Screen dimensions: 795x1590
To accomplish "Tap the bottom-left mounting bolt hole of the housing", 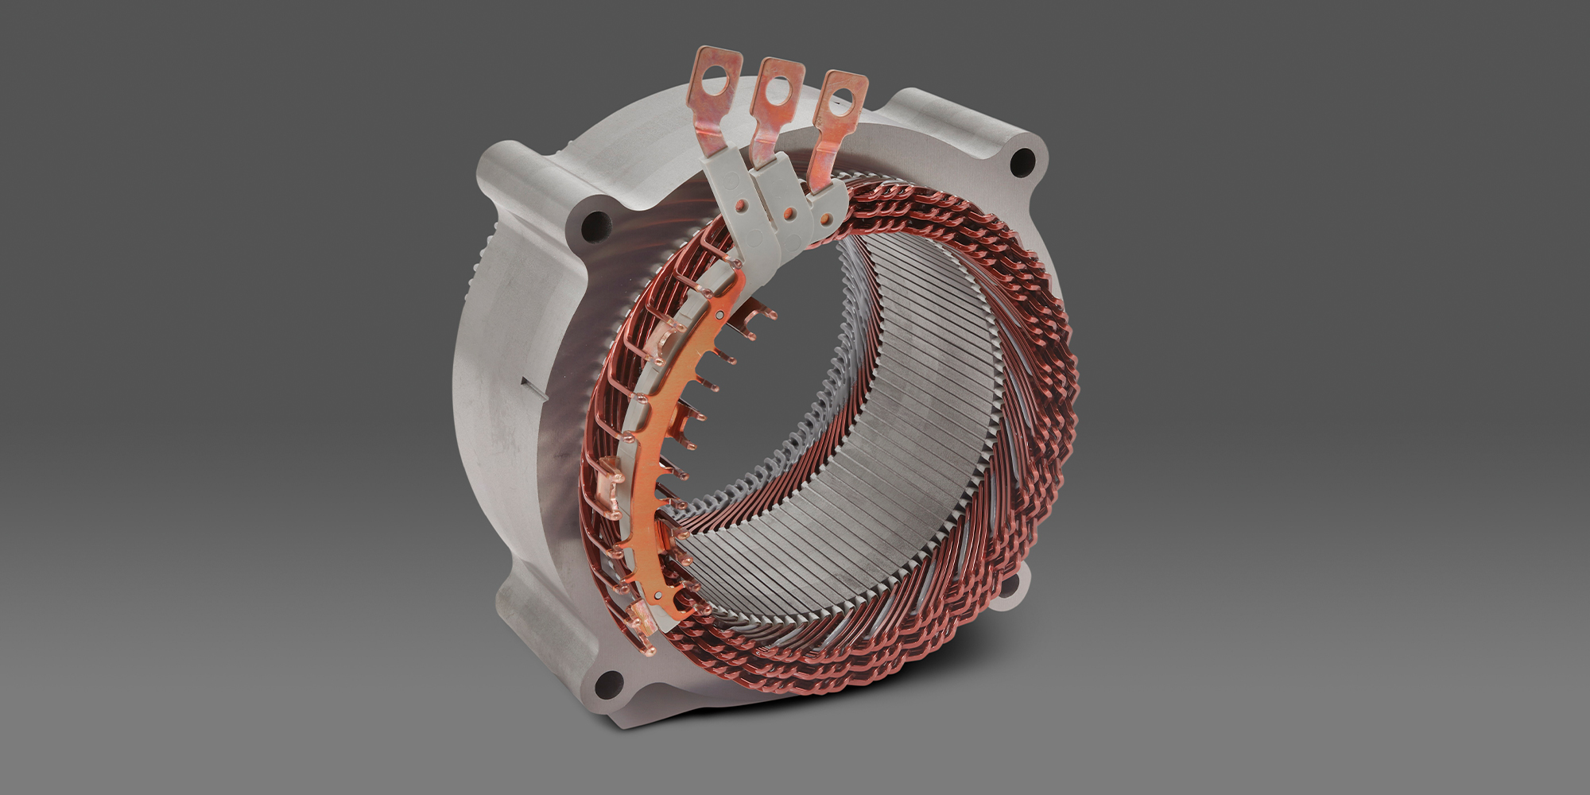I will [609, 682].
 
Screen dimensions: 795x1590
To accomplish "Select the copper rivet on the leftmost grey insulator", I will [740, 206].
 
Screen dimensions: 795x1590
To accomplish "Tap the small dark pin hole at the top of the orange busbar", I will [719, 315].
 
